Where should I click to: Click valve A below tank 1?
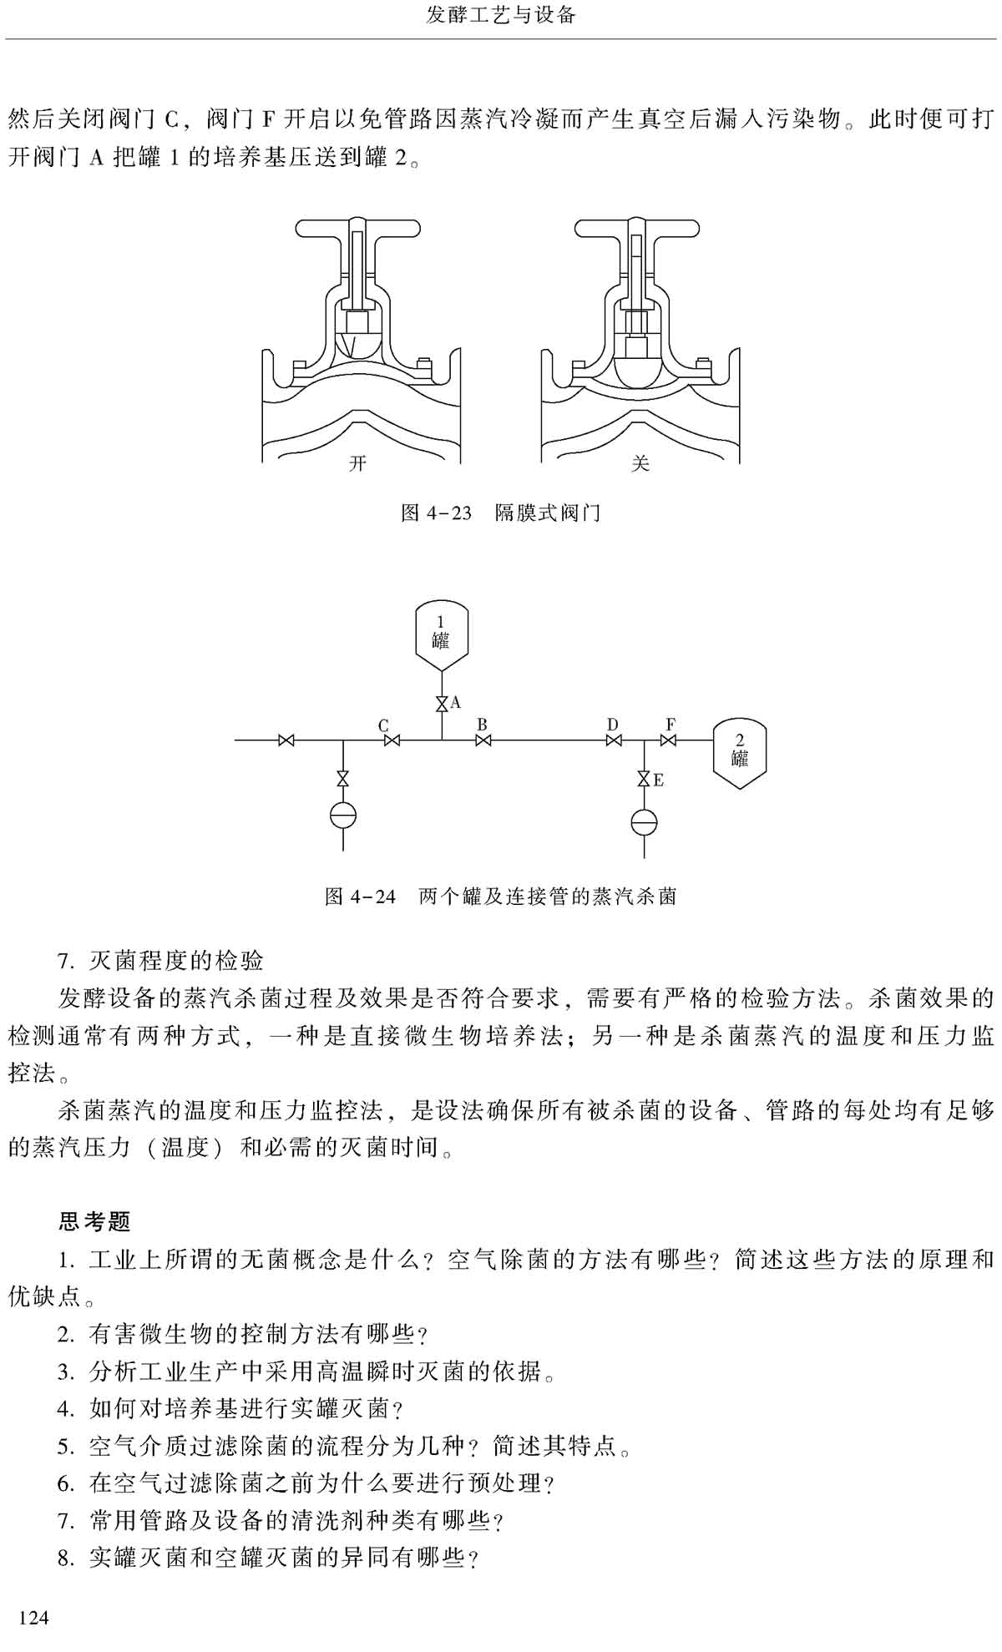(x=442, y=705)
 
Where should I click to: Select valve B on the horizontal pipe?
(x=483, y=740)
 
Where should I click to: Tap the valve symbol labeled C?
(x=390, y=740)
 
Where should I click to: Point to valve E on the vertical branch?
(x=644, y=779)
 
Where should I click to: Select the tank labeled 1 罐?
(x=441, y=639)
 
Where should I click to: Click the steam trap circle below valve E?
(x=644, y=821)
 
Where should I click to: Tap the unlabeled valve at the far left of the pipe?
(x=286, y=740)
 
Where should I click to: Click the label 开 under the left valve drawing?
(x=357, y=463)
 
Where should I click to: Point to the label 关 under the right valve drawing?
(x=640, y=463)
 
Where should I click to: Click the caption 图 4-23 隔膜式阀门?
(x=500, y=513)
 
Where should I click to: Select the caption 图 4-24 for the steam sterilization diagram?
(x=500, y=897)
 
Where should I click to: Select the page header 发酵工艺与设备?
(x=501, y=16)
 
